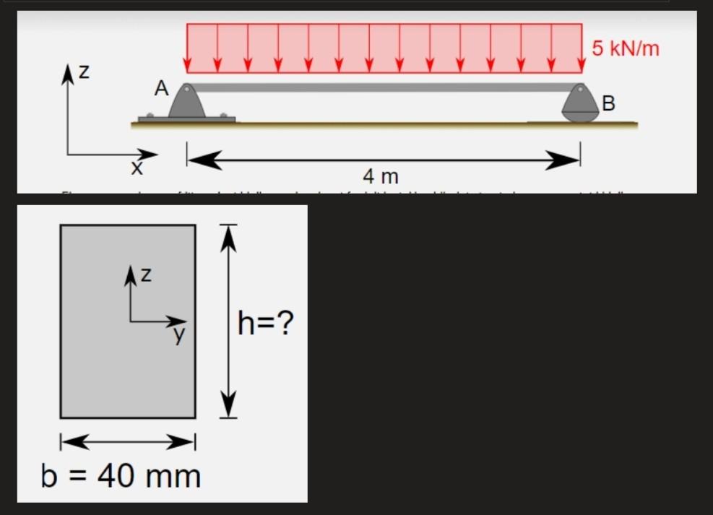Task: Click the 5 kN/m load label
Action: (626, 48)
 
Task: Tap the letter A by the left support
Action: (161, 89)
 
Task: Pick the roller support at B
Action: (580, 104)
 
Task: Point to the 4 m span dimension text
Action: (381, 176)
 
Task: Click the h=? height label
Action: (266, 324)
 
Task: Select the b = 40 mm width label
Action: (121, 477)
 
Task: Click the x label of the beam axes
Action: (135, 170)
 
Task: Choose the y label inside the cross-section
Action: (179, 334)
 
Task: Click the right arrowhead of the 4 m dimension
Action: (567, 160)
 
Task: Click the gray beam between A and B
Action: (383, 87)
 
